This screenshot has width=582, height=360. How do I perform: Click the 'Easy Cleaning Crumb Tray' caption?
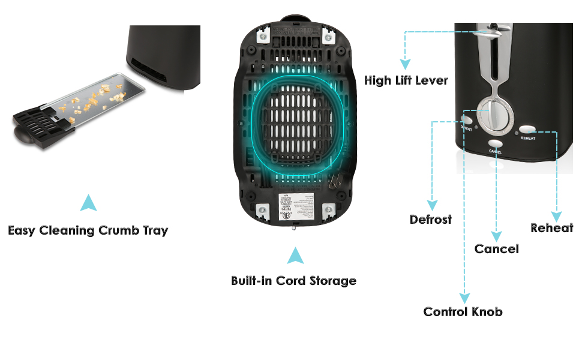pyautogui.click(x=88, y=230)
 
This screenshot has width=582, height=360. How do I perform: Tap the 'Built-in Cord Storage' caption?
pyautogui.click(x=293, y=280)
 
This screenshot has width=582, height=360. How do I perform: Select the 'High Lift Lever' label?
pyautogui.click(x=406, y=80)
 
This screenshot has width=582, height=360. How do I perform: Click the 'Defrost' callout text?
pyautogui.click(x=431, y=219)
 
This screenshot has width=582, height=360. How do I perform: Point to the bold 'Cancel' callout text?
pyautogui.click(x=496, y=248)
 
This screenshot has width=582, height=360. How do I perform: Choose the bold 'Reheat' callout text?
pyautogui.click(x=552, y=228)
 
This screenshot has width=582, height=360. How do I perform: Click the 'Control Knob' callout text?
pyautogui.click(x=463, y=311)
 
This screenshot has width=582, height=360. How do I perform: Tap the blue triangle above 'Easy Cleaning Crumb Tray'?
pyautogui.click(x=88, y=203)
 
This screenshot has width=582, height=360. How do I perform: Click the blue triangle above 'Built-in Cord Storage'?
pyautogui.click(x=294, y=256)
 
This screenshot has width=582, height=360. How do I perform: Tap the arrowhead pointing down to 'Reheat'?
pyautogui.click(x=557, y=216)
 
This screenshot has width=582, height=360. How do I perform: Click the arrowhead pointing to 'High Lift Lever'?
pyautogui.click(x=406, y=63)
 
